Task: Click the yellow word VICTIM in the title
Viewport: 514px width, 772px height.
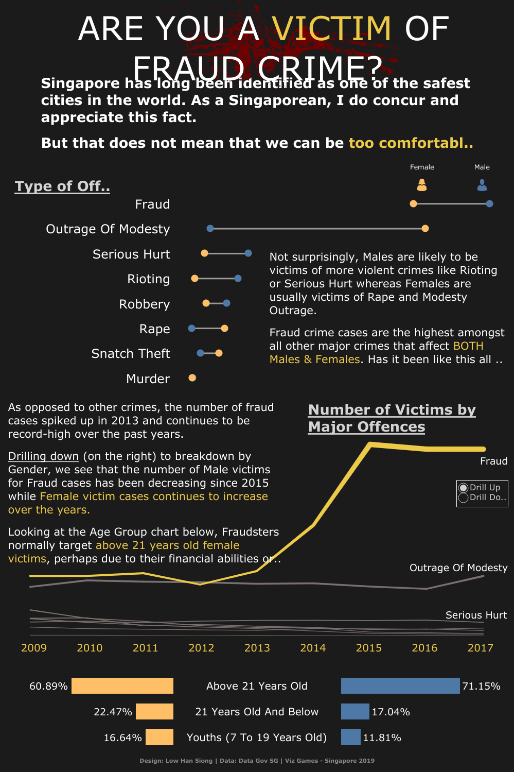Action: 332,29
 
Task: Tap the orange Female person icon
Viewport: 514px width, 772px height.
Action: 422,185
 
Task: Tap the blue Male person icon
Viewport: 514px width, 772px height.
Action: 482,185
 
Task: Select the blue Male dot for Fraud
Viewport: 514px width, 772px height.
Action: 489,204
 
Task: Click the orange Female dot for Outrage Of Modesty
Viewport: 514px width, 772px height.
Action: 425,229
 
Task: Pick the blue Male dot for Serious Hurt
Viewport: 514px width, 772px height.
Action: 248,253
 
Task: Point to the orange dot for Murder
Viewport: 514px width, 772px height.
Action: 192,378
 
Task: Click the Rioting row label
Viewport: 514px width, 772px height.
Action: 148,279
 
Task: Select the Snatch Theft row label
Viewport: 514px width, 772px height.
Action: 130,354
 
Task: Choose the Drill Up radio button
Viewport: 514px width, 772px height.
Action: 464,488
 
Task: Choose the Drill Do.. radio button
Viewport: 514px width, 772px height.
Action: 464,497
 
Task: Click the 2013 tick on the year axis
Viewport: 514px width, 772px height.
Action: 257,648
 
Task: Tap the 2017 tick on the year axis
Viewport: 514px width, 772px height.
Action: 480,648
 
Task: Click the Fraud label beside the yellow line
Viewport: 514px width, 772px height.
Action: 493,461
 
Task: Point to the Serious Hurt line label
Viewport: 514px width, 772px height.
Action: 476,615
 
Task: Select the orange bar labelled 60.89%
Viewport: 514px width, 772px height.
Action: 122,686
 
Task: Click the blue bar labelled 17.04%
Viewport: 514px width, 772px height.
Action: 355,712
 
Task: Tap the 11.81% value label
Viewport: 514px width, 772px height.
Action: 382,738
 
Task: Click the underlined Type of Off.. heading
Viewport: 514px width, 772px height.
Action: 62,186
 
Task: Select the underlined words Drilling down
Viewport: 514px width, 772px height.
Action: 44,456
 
